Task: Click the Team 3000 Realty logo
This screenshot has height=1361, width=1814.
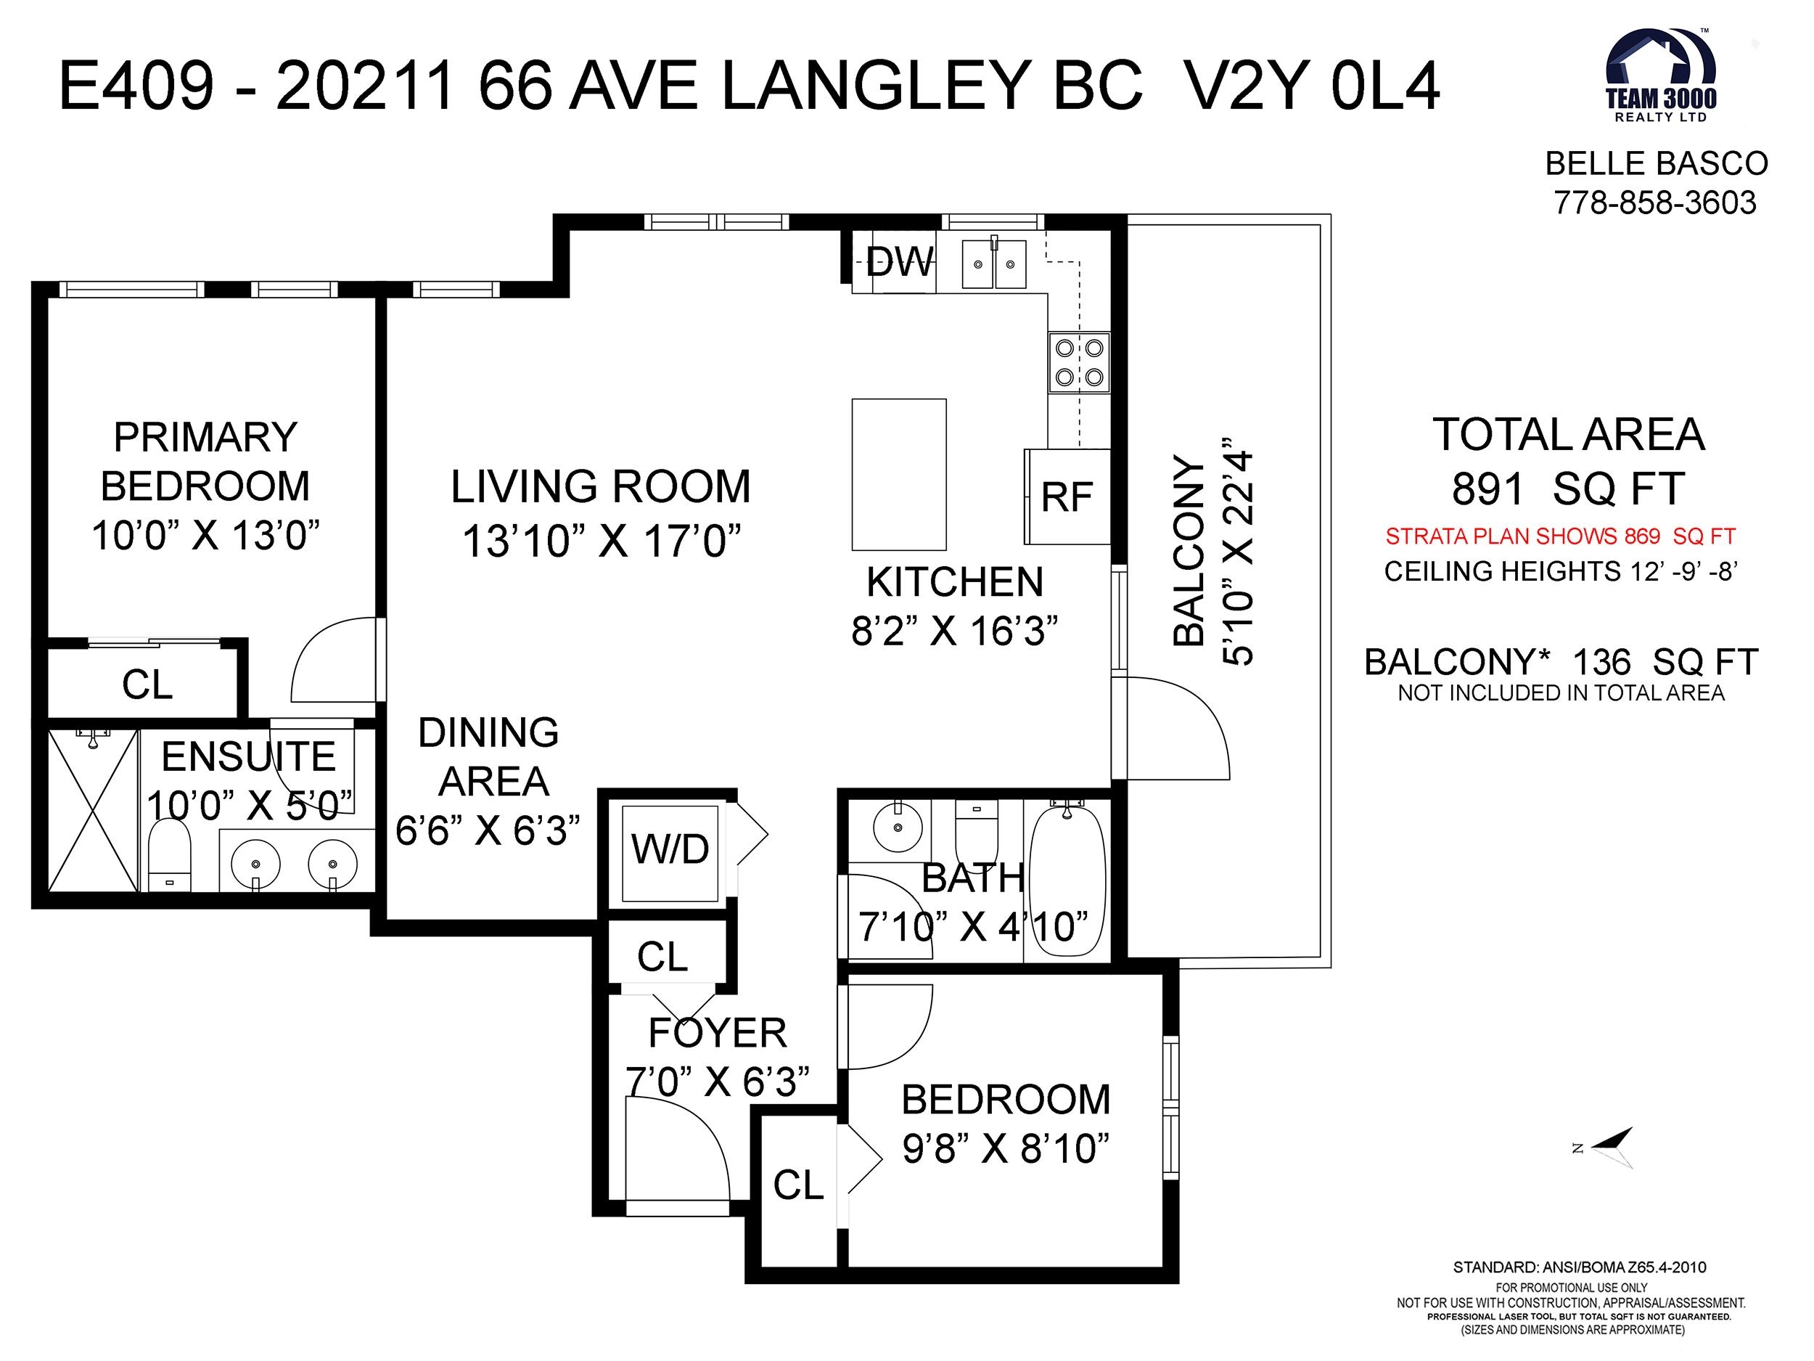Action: [x=1660, y=75]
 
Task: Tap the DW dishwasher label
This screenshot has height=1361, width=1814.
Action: [x=900, y=263]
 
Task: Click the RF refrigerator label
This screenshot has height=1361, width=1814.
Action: [x=1067, y=497]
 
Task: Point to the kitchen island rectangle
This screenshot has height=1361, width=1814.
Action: [x=899, y=474]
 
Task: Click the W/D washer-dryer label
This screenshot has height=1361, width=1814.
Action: [x=670, y=849]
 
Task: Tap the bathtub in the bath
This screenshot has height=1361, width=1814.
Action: [x=1067, y=878]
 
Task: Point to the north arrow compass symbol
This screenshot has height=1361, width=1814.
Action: [x=1607, y=1147]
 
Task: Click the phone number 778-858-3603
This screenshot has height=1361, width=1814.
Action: [x=1655, y=203]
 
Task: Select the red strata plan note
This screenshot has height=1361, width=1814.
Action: [x=1560, y=536]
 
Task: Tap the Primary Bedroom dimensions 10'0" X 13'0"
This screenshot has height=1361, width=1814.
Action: [x=205, y=536]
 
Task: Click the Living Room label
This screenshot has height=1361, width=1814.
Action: [x=600, y=486]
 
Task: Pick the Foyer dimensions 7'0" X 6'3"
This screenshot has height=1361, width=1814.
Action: [x=718, y=1082]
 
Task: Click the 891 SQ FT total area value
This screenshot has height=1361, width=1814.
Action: [x=1568, y=489]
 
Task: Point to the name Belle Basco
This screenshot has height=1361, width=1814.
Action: [x=1657, y=164]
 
